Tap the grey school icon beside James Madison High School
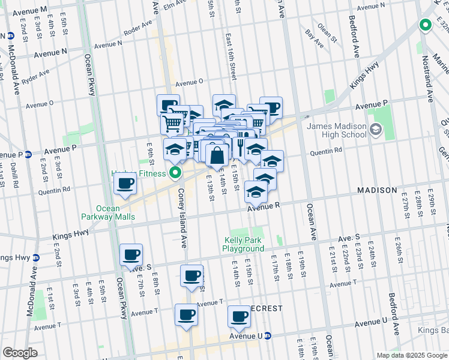(376, 129)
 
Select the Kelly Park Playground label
(243, 244)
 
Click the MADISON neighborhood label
(377, 190)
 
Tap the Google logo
(20, 353)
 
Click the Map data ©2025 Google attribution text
(411, 355)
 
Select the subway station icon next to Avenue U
(268, 336)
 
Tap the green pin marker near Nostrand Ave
(426, 25)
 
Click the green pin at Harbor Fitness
(176, 174)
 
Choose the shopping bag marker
(217, 155)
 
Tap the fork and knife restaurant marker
(240, 147)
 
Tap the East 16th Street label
(231, 56)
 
